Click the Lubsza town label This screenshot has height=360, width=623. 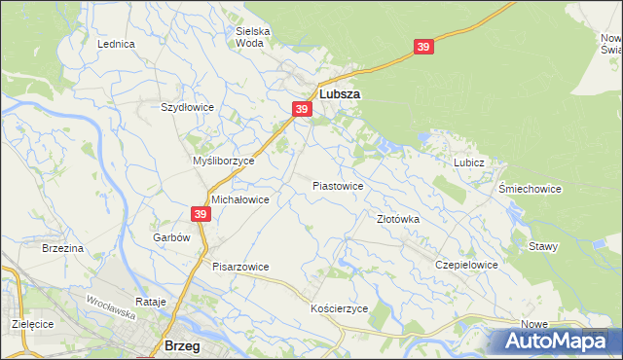[x=340, y=95]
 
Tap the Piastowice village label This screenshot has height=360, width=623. [x=338, y=185]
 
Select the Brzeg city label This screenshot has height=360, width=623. [x=183, y=345]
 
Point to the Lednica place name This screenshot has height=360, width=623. [x=115, y=44]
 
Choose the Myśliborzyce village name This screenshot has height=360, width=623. [x=223, y=161]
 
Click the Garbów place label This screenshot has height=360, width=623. [x=169, y=237]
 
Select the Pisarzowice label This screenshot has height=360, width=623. [x=240, y=267]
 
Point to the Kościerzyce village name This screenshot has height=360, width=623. [x=339, y=307]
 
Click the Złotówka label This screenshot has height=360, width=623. [x=398, y=219]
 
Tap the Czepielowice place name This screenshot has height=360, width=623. [x=467, y=265]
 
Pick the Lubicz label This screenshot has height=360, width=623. [x=468, y=162]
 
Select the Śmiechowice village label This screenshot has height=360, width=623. [x=530, y=189]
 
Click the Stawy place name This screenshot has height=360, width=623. [x=543, y=246]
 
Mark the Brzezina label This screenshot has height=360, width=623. [x=63, y=249]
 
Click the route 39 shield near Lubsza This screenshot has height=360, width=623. [x=302, y=110]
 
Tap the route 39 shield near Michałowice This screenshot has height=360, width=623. [x=201, y=214]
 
